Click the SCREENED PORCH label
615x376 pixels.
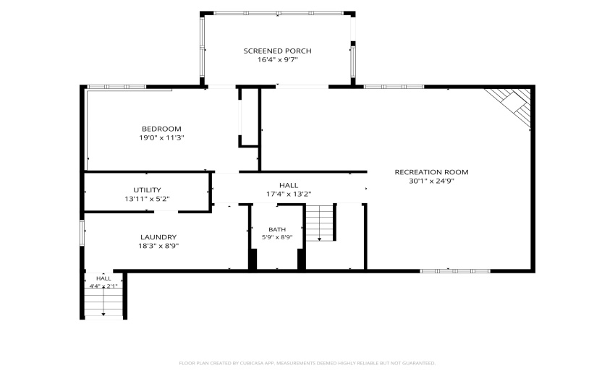(x=277, y=51)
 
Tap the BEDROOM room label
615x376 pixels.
(x=161, y=129)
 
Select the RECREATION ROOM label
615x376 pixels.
(x=431, y=172)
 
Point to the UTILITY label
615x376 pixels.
(x=147, y=190)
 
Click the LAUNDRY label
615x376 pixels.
(x=158, y=237)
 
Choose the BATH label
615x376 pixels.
(x=277, y=229)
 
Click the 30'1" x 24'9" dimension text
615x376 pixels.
(x=431, y=181)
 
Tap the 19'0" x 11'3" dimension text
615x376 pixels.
(x=161, y=138)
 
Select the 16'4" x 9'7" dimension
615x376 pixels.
(x=278, y=60)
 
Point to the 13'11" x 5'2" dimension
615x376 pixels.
(x=147, y=199)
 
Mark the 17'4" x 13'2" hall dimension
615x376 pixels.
(x=289, y=194)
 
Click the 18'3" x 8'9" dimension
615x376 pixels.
(x=158, y=247)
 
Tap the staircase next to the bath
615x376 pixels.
(x=320, y=223)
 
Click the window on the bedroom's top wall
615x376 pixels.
(x=116, y=87)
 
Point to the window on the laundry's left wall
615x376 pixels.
(x=82, y=233)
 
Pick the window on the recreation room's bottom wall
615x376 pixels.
(x=455, y=271)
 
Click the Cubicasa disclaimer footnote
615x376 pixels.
(x=307, y=364)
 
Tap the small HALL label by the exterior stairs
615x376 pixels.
(x=103, y=278)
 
